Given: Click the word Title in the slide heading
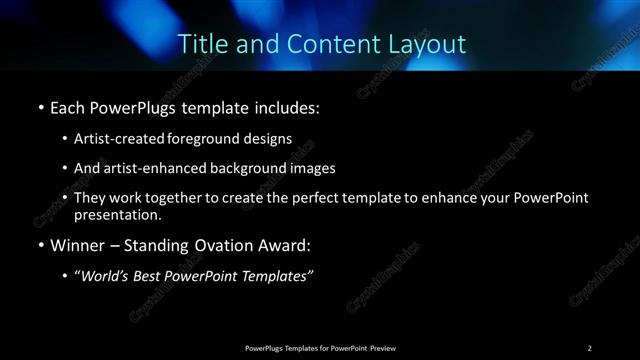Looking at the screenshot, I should click(199, 44).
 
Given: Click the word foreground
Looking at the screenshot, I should click(211, 139).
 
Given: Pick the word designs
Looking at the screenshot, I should click(269, 139).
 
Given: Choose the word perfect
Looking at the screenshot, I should click(325, 198).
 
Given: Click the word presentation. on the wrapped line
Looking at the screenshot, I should click(117, 214).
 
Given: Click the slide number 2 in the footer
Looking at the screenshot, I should click(590, 347).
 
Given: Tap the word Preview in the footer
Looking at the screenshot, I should click(383, 347).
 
